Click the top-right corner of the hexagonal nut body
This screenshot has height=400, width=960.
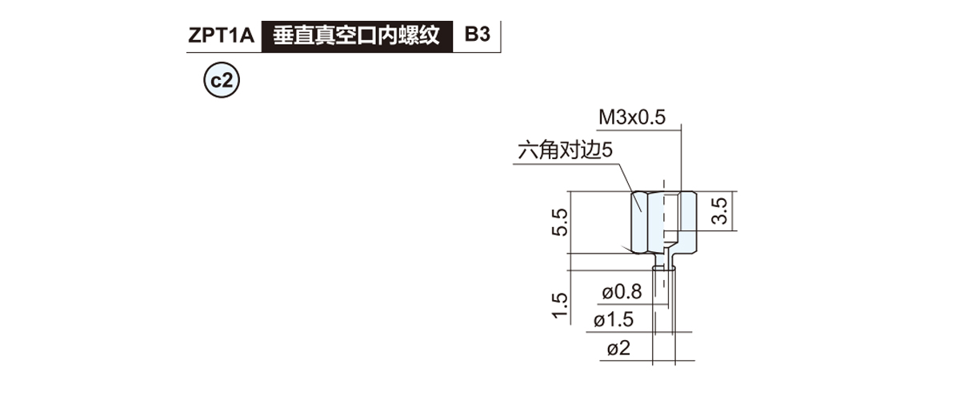pyautogui.click(x=696, y=192)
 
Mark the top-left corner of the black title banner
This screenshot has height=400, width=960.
pyautogui.click(x=262, y=21)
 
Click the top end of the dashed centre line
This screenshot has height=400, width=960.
pyautogui.click(x=664, y=181)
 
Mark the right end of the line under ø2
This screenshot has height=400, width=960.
pyautogui.click(x=694, y=361)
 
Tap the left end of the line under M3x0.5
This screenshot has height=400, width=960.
pyautogui.click(x=598, y=129)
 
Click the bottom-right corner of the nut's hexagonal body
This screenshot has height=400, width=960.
pyautogui.click(x=696, y=253)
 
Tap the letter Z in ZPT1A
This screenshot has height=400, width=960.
pyautogui.click(x=194, y=35)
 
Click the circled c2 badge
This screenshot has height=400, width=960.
pyautogui.click(x=222, y=80)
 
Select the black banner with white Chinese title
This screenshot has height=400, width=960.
pyautogui.click(x=357, y=37)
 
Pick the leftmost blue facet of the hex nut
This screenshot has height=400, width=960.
pyautogui.click(x=640, y=222)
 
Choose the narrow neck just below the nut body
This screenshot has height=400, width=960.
pyautogui.click(x=664, y=260)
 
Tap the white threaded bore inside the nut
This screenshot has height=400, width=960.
pyautogui.click(x=671, y=211)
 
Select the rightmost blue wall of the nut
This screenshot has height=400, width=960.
pyautogui.click(x=688, y=222)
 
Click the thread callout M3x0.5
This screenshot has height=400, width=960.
pyautogui.click(x=632, y=118)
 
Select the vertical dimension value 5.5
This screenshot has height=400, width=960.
pyautogui.click(x=560, y=222)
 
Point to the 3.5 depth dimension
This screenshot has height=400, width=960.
pyautogui.click(x=719, y=211)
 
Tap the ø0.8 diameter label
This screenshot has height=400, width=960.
pyautogui.click(x=622, y=292)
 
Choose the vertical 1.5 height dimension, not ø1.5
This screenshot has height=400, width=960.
pyautogui.click(x=560, y=306)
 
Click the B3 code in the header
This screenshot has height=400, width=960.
pyautogui.click(x=477, y=34)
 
